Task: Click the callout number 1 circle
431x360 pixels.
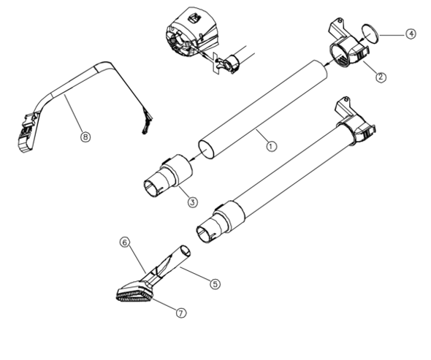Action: click(271, 145)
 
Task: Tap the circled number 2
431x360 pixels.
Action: click(380, 75)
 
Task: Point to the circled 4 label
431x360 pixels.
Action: click(411, 34)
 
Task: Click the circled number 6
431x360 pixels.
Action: click(124, 242)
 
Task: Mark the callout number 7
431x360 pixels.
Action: click(180, 312)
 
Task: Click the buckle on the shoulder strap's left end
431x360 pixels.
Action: click(26, 131)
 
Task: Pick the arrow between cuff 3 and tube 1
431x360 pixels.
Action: click(194, 156)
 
